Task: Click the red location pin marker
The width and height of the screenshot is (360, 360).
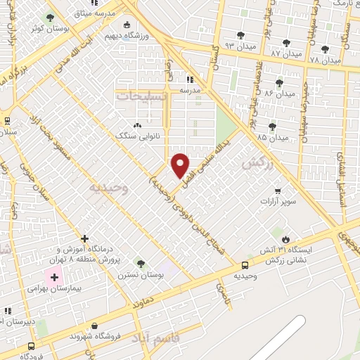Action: click(x=181, y=165)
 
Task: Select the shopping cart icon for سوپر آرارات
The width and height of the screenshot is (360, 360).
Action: click(x=278, y=191)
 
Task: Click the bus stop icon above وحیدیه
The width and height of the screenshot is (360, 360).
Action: click(x=245, y=265)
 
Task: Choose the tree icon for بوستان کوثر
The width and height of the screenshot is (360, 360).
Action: click(x=49, y=18)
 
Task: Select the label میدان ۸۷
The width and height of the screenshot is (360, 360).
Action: click(x=285, y=53)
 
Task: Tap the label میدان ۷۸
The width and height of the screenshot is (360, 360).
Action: click(x=324, y=61)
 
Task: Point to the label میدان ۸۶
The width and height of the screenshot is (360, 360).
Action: click(x=280, y=94)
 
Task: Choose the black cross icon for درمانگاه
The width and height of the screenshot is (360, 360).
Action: click(x=84, y=238)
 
